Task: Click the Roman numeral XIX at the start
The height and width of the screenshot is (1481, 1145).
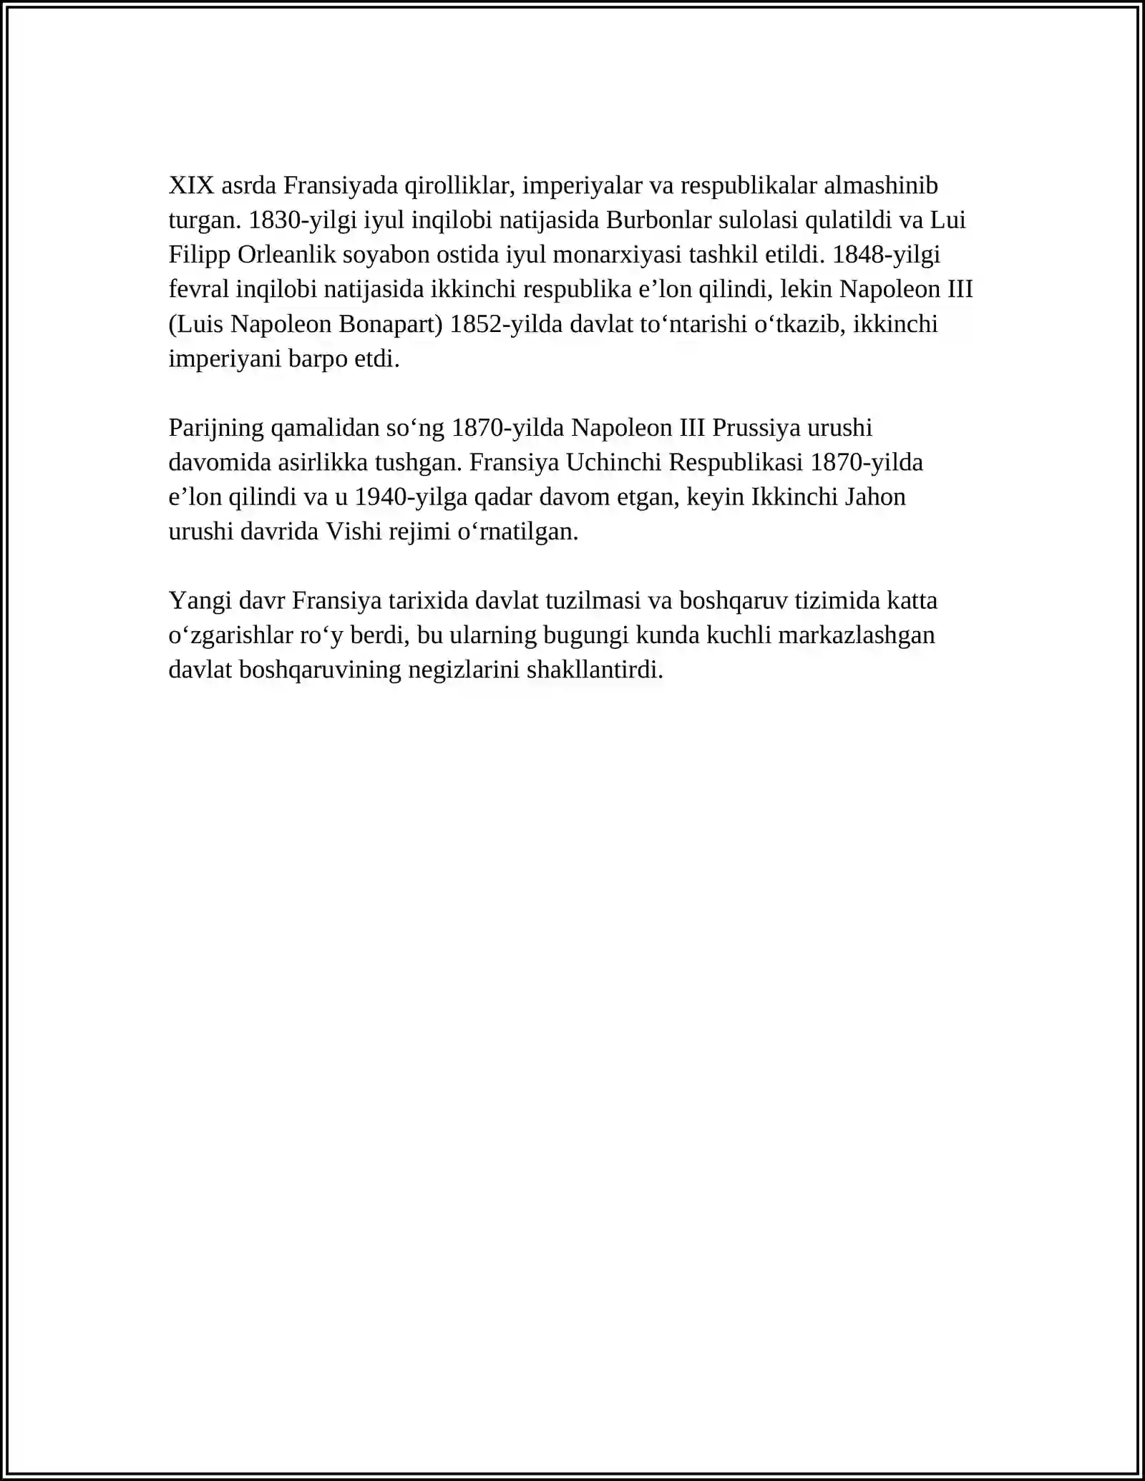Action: click(191, 186)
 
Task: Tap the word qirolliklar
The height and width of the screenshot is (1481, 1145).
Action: click(460, 186)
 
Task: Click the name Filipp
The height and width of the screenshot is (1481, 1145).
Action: click(200, 255)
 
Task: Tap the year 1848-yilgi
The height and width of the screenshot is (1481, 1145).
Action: click(886, 255)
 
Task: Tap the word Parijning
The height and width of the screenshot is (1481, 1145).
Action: click(216, 428)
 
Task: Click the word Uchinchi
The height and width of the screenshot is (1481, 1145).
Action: click(613, 463)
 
